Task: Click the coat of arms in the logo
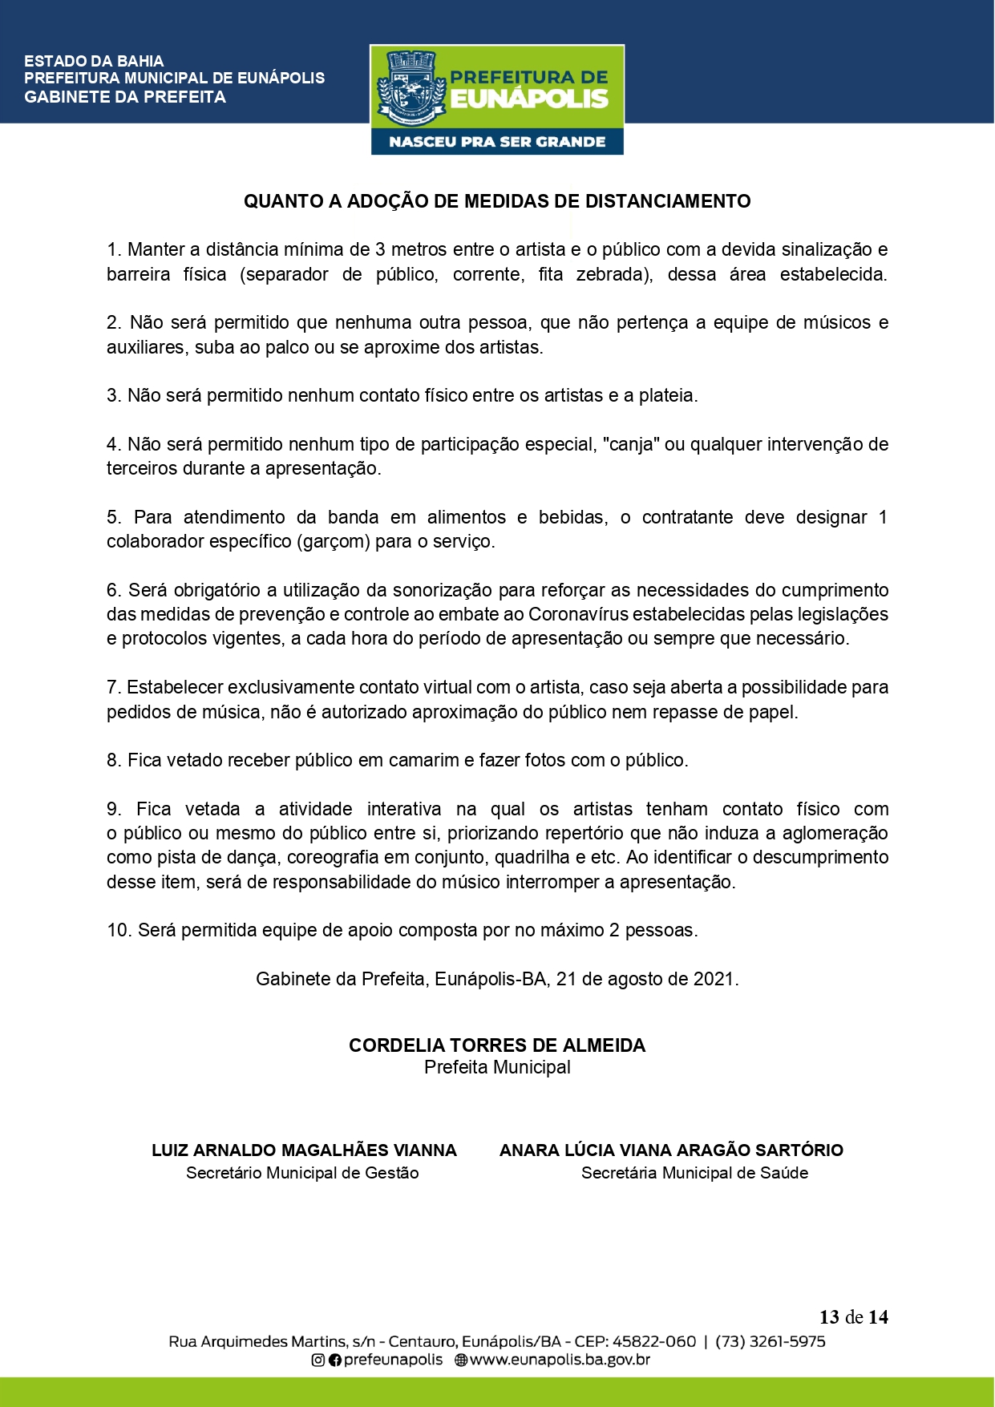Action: (411, 89)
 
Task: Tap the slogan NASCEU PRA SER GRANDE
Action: (497, 142)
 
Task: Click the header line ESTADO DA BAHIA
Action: (94, 61)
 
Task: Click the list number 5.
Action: (114, 517)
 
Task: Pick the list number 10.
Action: (118, 930)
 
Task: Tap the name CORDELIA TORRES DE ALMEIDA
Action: (497, 1045)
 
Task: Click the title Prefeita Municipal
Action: (497, 1067)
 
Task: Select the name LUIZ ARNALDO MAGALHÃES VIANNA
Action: (304, 1150)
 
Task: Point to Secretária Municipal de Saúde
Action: (694, 1173)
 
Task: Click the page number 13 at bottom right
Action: (829, 1317)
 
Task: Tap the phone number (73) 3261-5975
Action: (770, 1341)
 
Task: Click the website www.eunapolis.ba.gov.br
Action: (559, 1360)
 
